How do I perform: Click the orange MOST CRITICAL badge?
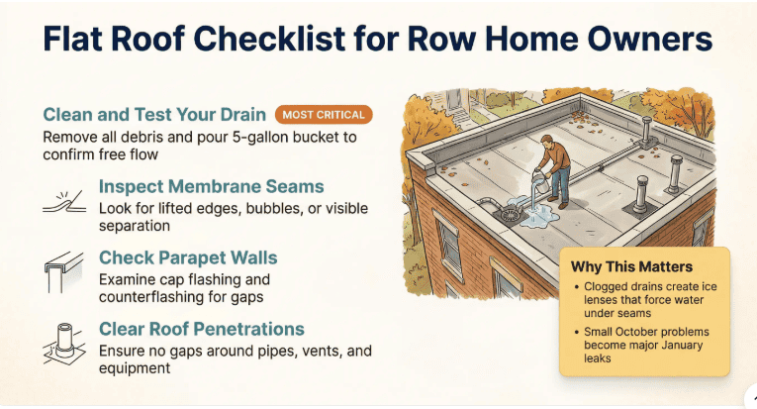(324, 115)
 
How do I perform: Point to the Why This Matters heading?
(631, 266)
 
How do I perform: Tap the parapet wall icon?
(62, 269)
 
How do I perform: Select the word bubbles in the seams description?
(260, 208)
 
